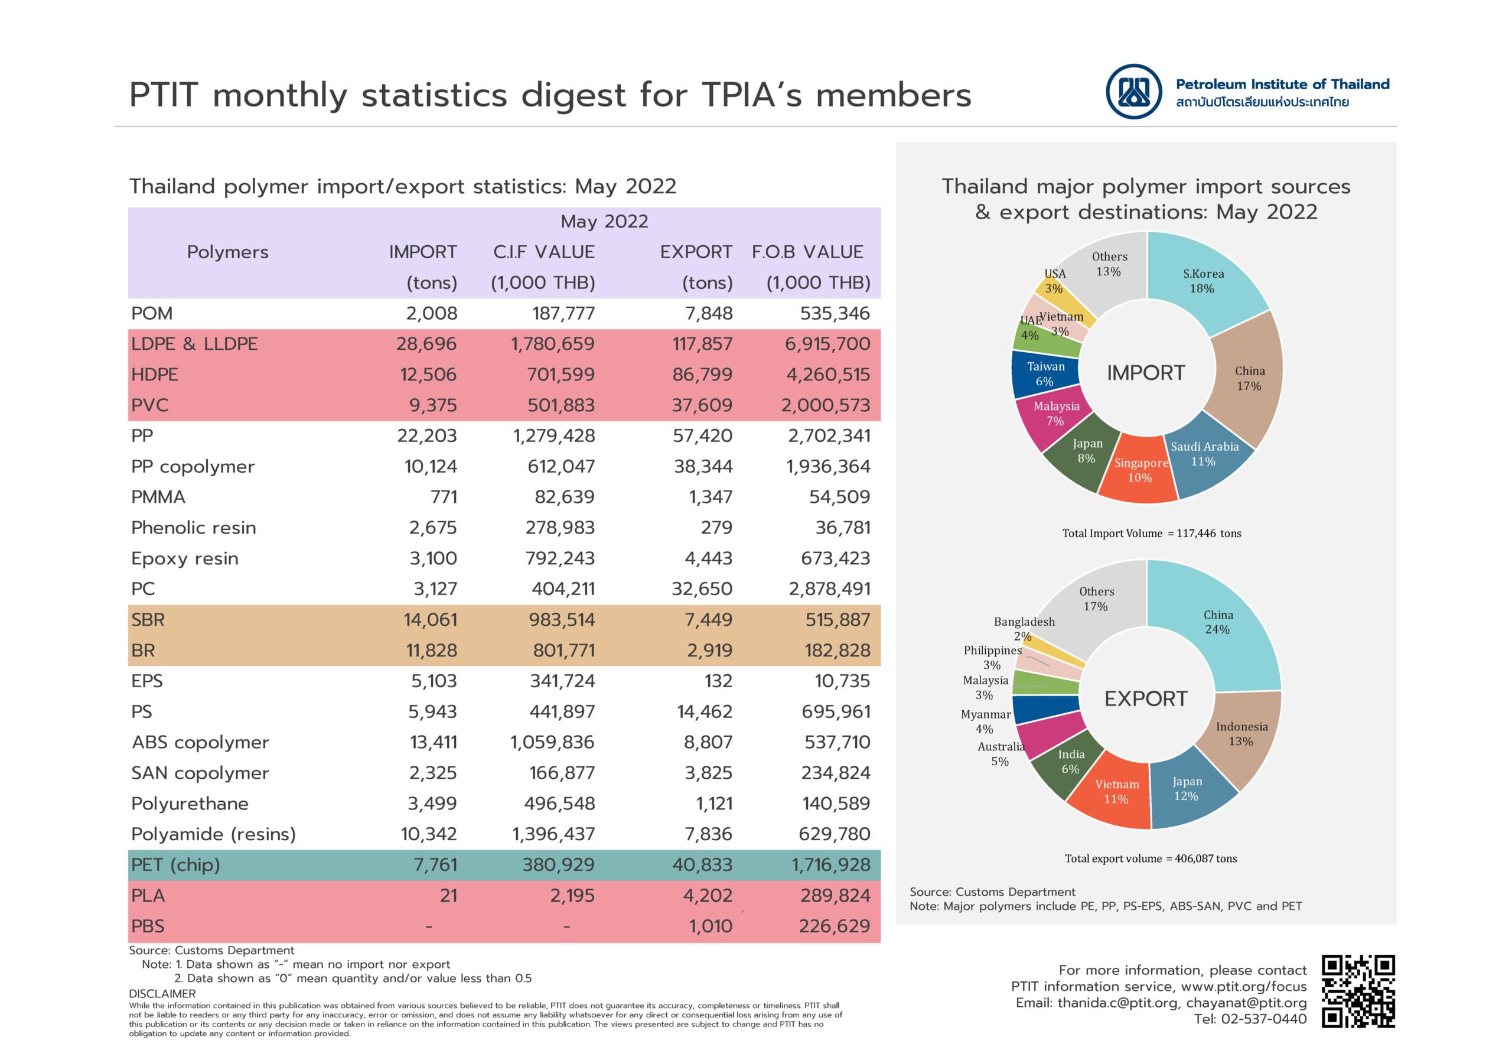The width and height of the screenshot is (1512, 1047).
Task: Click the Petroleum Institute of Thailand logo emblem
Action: (1133, 91)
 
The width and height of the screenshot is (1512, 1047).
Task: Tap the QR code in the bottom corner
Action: (1357, 991)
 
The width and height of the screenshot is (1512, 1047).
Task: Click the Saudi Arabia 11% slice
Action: (1205, 454)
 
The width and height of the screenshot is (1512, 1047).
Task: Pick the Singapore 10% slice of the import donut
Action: (1140, 470)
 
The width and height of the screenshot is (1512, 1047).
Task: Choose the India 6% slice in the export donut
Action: (1070, 762)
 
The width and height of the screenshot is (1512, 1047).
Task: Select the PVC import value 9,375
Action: (433, 405)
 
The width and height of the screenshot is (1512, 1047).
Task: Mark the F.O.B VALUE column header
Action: (807, 252)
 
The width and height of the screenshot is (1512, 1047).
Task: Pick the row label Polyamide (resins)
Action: (214, 834)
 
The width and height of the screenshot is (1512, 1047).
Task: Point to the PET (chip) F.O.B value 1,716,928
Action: (831, 864)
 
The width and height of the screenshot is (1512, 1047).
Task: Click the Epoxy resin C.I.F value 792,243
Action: (560, 558)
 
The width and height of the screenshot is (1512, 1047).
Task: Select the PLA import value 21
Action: (448, 896)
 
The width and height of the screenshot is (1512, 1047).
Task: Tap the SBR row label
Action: (148, 619)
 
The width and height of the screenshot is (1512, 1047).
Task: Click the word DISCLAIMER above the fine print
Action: (162, 994)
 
